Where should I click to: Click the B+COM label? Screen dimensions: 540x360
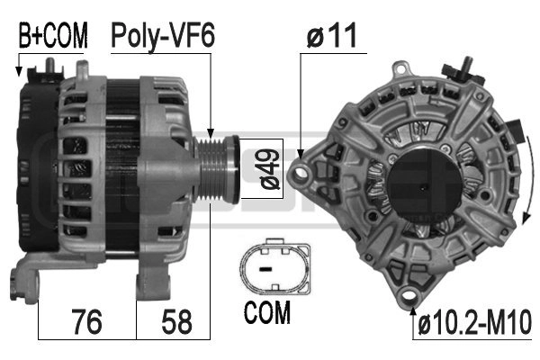click(x=53, y=35)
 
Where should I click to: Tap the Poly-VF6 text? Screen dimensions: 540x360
click(x=163, y=36)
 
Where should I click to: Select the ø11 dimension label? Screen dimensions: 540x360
click(x=331, y=35)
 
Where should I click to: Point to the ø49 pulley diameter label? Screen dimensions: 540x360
click(x=270, y=169)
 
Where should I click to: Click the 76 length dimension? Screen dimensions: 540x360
click(x=86, y=321)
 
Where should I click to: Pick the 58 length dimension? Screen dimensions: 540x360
click(x=176, y=321)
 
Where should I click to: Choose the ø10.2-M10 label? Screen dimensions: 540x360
click(x=475, y=322)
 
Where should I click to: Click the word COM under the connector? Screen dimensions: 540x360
click(x=267, y=312)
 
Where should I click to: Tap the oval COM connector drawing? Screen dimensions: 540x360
click(x=275, y=265)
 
